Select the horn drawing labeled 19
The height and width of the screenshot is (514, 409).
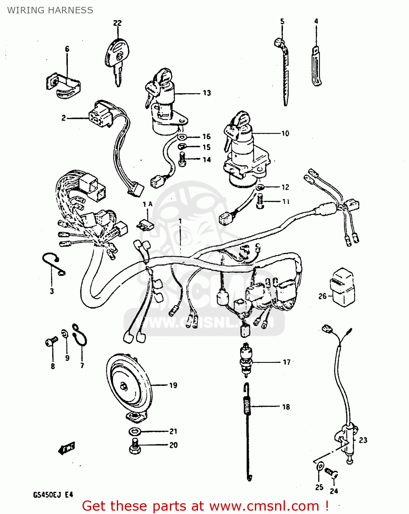128,385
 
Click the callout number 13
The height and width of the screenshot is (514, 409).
207,93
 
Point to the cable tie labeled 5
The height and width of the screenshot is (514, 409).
284,72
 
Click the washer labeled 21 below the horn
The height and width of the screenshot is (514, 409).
135,431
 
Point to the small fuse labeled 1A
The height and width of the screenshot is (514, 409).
146,225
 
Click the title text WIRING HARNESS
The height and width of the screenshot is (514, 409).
50,10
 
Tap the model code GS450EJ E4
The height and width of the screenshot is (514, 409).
53,495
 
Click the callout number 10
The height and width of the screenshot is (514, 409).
285,133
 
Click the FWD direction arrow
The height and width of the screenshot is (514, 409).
66,448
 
